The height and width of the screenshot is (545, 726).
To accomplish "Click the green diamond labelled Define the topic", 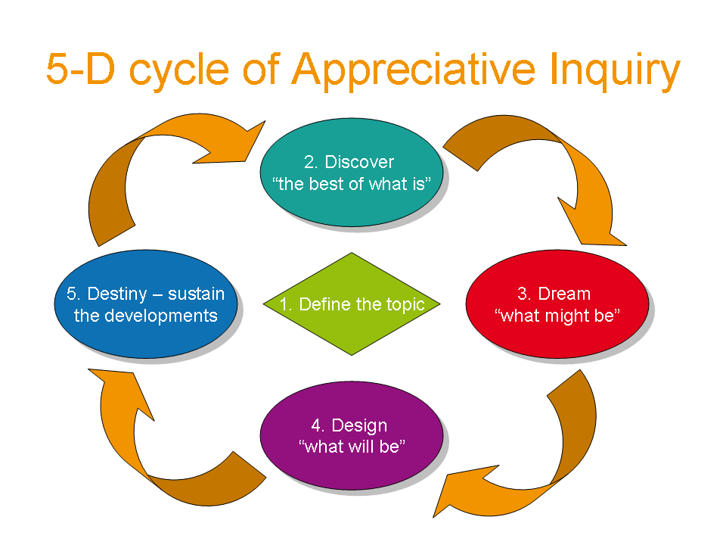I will pyautogui.click(x=352, y=304).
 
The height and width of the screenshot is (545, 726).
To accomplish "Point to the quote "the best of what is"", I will pyautogui.click(x=350, y=184).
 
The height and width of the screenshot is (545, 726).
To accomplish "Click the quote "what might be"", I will pyautogui.click(x=558, y=316).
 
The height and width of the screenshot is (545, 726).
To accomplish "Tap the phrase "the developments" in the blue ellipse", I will pyautogui.click(x=145, y=316).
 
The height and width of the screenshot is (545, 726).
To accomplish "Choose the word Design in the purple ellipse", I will pyautogui.click(x=359, y=425).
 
